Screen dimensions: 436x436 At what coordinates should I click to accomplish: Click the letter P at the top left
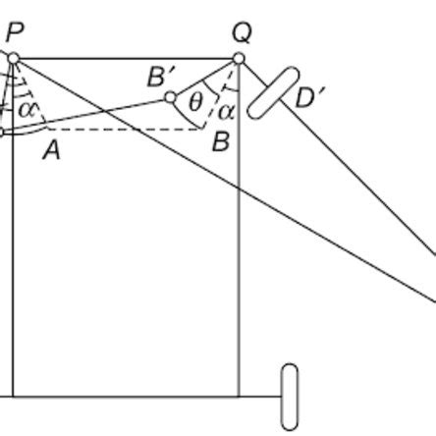pos(14,31)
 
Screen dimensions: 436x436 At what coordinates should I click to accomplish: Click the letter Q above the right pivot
pos(242,31)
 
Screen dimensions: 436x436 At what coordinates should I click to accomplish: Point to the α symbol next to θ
pos(226,111)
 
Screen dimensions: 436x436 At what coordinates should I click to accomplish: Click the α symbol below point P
pos(27,108)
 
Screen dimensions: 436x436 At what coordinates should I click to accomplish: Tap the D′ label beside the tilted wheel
pos(312,97)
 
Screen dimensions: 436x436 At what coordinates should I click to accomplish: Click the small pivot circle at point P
pos(13,59)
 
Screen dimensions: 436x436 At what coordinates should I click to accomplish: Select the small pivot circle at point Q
pos(238,60)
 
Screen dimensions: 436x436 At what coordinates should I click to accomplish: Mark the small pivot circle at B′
pos(170,97)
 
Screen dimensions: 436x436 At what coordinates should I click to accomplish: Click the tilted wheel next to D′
pos(272,92)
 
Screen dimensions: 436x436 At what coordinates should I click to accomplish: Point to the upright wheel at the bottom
pos(289,397)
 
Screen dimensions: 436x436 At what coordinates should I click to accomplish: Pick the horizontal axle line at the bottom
pos(147,397)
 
